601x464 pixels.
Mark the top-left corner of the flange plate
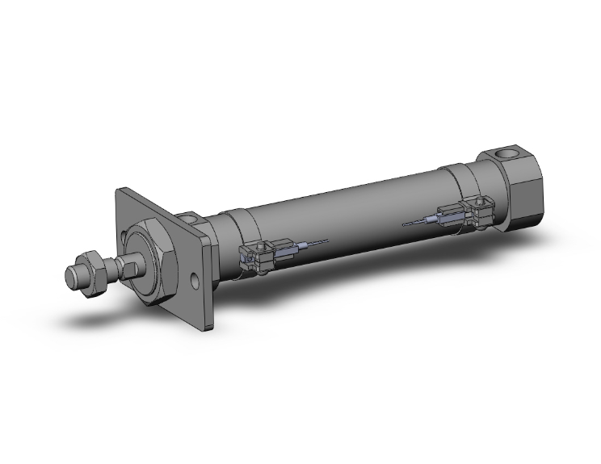(120, 190)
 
